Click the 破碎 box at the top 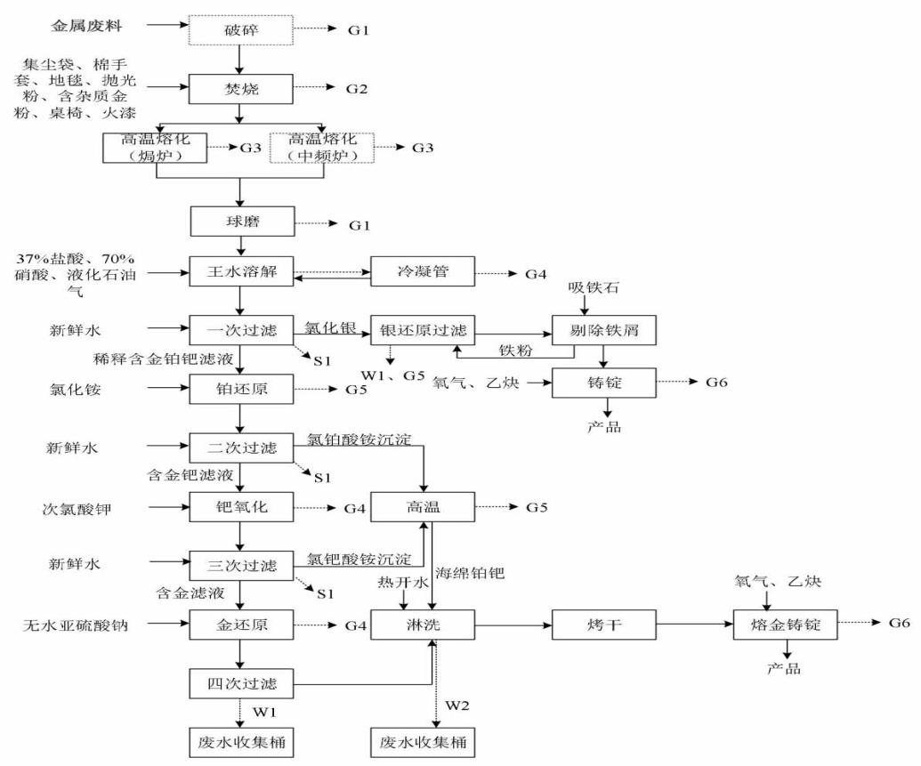(x=239, y=31)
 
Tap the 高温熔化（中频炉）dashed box (x=321, y=147)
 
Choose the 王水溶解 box (x=239, y=270)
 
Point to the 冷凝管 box (x=421, y=270)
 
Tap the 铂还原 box (x=239, y=388)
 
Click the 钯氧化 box (x=239, y=508)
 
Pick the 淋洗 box (x=421, y=626)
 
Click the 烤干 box (x=604, y=626)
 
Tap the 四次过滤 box (x=239, y=684)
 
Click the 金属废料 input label (x=85, y=28)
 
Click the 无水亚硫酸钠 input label (x=77, y=626)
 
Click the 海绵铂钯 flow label (x=469, y=575)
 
